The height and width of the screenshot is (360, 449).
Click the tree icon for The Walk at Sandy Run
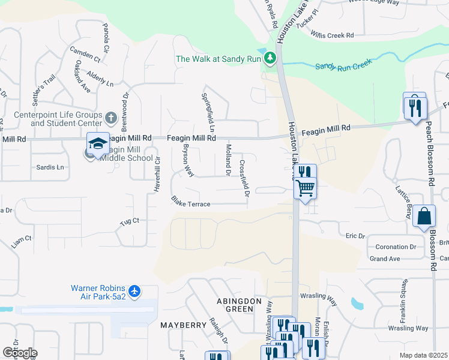[x=271, y=58]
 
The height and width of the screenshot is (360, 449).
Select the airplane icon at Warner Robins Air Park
[x=135, y=291]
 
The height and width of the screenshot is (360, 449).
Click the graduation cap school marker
[x=98, y=143]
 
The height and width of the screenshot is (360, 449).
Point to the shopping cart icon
[x=305, y=188]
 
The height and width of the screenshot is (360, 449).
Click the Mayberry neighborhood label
[x=183, y=325]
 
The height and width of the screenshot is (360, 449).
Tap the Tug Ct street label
[x=129, y=221]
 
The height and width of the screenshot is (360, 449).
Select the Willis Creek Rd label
[x=333, y=35]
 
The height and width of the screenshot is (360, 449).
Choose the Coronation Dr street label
[x=396, y=247]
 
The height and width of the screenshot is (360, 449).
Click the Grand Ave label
[x=385, y=259]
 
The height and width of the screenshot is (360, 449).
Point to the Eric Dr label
[x=355, y=236]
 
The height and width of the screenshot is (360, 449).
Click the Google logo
[x=20, y=353]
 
